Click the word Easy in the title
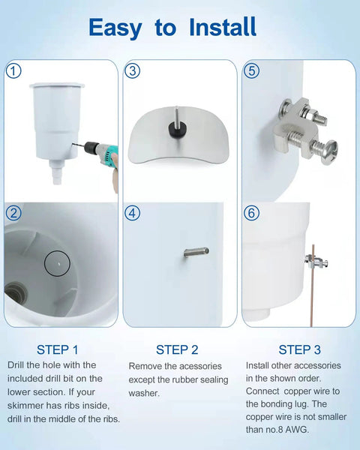click(115, 28)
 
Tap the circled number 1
click(13, 71)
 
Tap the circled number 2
click(13, 213)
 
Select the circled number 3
click(133, 71)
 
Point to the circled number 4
click(133, 213)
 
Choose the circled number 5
click(251, 71)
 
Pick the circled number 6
click(251, 213)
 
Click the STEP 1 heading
click(57, 349)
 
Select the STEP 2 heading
click(177, 349)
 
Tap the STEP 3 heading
click(299, 349)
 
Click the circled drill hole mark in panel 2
click(56, 262)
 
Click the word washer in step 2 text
click(145, 393)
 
